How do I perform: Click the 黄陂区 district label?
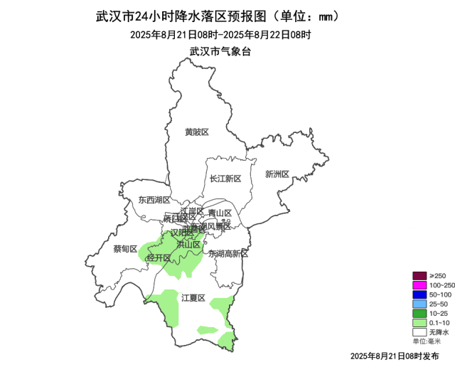(196, 132)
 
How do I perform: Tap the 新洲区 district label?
(277, 174)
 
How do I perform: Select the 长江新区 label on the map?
(225, 179)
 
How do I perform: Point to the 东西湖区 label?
(154, 201)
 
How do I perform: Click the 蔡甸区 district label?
(125, 249)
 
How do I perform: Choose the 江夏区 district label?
(193, 298)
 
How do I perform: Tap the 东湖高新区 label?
(227, 253)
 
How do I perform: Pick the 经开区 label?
(159, 257)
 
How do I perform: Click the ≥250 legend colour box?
(419, 276)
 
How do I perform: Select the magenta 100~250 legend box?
(419, 285)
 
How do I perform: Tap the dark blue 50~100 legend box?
(419, 294)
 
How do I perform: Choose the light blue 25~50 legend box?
(419, 304)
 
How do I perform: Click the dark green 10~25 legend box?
(419, 313)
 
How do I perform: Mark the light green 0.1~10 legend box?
(419, 322)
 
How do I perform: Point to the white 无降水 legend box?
(419, 331)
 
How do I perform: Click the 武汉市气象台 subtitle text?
(220, 51)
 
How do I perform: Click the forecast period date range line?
(221, 34)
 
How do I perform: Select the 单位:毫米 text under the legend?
(427, 341)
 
